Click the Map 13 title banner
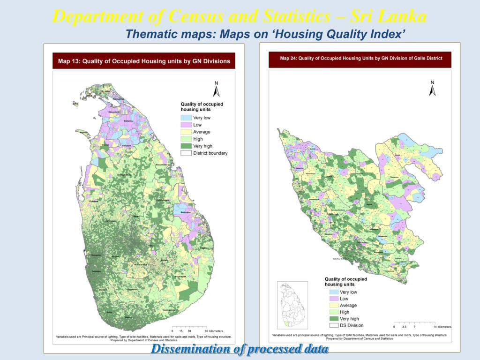tap(144, 61)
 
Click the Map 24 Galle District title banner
tap(360, 59)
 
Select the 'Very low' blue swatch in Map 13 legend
tap(186, 118)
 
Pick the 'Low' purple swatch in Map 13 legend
tap(186, 125)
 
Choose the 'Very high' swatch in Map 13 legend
tap(186, 146)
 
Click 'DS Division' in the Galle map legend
tap(351, 325)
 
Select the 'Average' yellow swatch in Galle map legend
tap(334, 305)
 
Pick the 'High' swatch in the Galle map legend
tap(334, 312)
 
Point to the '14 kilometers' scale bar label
tap(442, 327)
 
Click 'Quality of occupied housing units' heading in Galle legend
tap(345, 282)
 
